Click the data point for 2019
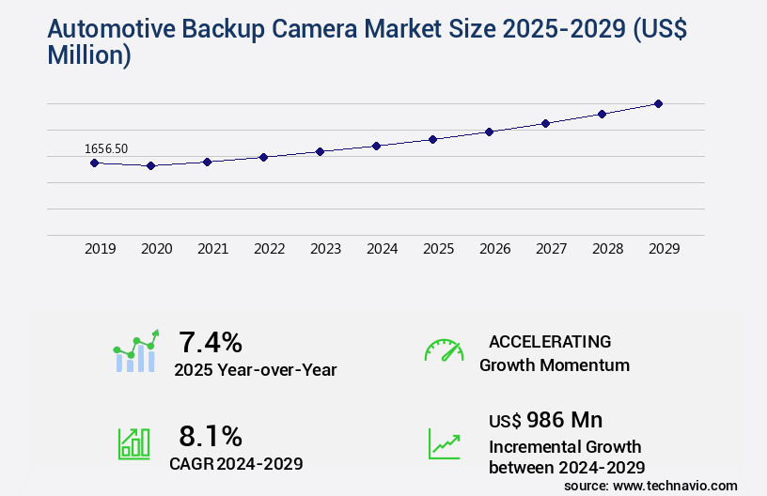[94, 163]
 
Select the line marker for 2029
[658, 103]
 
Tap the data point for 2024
[376, 146]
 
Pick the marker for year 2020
[150, 165]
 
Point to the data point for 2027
[545, 123]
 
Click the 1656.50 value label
[106, 148]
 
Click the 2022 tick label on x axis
[269, 249]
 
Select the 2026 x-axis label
[494, 249]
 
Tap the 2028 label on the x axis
[607, 249]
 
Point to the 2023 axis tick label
[325, 249]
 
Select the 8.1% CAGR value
[211, 436]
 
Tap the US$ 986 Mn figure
[546, 420]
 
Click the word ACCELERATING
[550, 341]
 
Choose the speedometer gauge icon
[444, 349]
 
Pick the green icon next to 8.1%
[133, 443]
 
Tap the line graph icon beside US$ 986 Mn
[444, 443]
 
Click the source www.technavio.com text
[650, 485]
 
